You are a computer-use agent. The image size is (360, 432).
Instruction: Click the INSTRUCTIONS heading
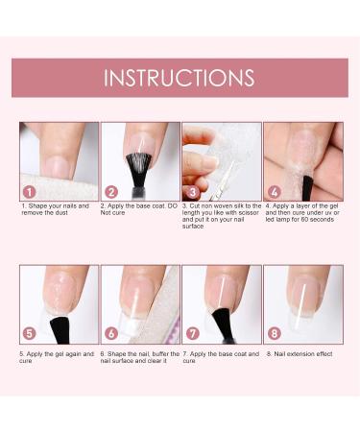click(x=180, y=78)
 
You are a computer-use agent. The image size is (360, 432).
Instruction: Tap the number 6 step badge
click(x=112, y=333)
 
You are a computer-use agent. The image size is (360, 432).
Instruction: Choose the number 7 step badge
click(x=194, y=333)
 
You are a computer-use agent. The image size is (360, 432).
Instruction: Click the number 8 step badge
click(x=275, y=333)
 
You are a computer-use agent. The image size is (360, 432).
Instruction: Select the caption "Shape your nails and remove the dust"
click(x=58, y=209)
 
